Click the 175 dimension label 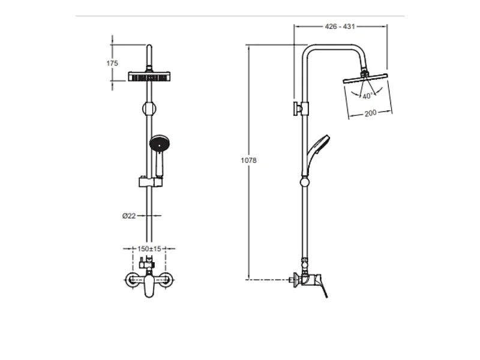point(112,63)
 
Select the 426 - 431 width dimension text point(340,26)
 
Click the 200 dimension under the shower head point(370,113)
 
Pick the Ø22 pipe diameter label point(128,216)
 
